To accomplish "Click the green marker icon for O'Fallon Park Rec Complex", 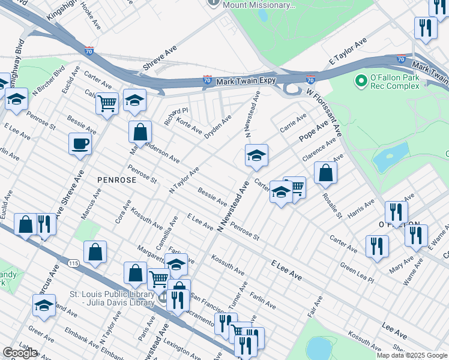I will click(x=361, y=80).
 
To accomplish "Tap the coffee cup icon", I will click(x=80, y=144).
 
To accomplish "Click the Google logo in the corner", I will click(x=20, y=353).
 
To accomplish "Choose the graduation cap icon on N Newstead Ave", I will click(x=256, y=156).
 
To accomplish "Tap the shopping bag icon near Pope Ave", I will click(x=325, y=173).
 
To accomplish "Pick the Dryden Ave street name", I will click(x=218, y=127).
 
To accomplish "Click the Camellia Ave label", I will click(x=173, y=227).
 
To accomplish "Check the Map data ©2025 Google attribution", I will click(x=411, y=355).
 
